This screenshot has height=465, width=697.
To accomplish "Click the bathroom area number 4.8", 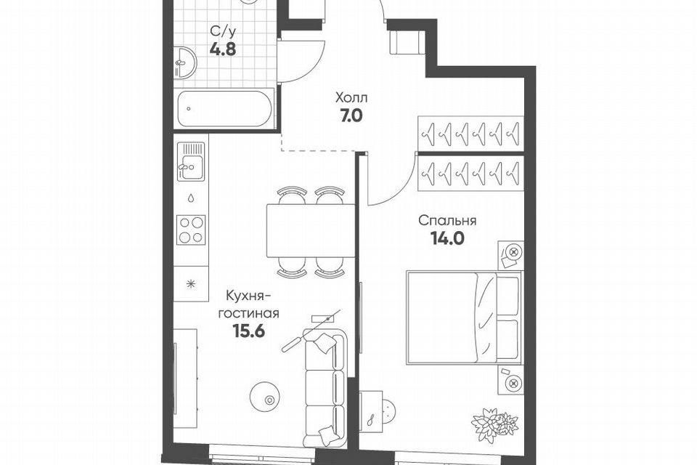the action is (223, 49).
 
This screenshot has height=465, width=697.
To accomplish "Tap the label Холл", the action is (351, 97).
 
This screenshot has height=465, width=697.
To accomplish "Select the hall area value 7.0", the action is (351, 116).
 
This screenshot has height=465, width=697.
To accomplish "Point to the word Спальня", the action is (447, 220).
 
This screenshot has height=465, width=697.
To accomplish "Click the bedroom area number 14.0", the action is (447, 239).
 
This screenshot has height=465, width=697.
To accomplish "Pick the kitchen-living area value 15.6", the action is (248, 331).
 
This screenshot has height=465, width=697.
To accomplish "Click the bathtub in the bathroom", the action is (224, 108).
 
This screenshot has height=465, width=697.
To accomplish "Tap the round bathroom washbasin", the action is (184, 62).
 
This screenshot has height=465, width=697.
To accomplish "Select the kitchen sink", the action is (191, 161).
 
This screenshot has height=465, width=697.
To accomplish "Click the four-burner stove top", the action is (191, 230).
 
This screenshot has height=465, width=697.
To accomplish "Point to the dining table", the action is (311, 230).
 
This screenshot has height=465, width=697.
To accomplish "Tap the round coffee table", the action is (264, 397).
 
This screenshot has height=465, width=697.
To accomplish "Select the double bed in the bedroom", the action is (464, 318).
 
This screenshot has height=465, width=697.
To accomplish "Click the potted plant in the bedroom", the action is (494, 425).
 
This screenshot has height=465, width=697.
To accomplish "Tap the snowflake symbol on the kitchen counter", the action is (191, 283).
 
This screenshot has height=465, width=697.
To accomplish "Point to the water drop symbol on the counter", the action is (191, 198).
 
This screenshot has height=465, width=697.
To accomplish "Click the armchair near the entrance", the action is (407, 42).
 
